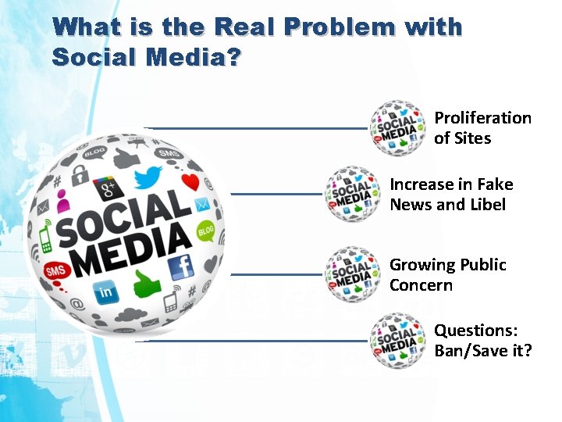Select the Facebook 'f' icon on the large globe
click(180, 268)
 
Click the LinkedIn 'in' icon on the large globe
click(105, 293)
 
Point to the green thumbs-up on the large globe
click(148, 284)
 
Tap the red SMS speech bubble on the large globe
click(57, 270)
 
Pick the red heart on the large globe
click(190, 183)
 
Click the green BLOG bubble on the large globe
click(205, 231)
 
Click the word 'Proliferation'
click(482, 118)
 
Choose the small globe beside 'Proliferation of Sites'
click(398, 128)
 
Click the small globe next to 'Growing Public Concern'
click(354, 274)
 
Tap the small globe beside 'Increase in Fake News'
click(354, 195)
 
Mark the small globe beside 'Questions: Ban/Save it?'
click(398, 341)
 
